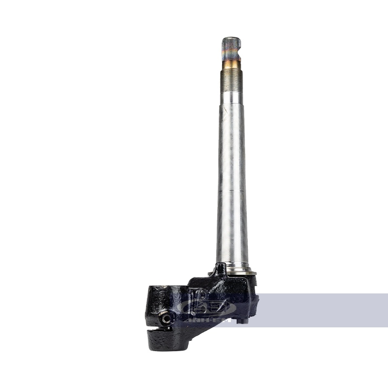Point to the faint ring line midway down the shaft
click(x=232, y=192)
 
